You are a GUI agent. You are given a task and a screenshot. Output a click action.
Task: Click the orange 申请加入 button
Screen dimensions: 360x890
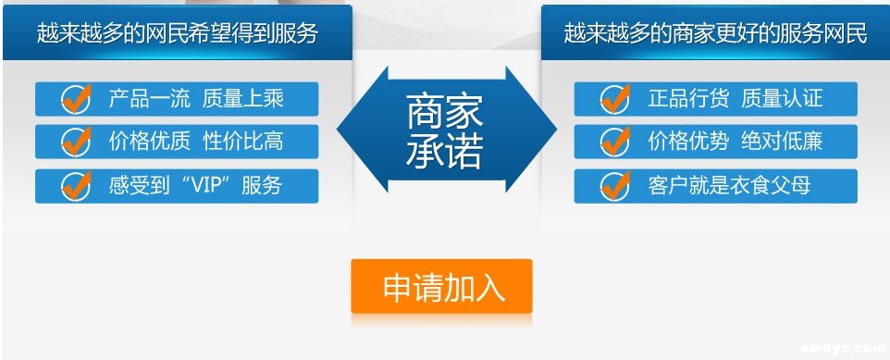(441, 287)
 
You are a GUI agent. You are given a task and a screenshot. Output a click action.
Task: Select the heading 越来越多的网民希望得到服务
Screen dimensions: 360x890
(177, 34)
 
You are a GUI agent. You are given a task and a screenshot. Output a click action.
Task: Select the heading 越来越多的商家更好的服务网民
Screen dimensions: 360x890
(715, 34)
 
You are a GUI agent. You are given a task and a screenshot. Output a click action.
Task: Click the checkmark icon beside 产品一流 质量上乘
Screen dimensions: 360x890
(75, 98)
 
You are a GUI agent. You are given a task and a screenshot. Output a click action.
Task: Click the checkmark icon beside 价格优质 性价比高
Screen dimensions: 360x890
(75, 142)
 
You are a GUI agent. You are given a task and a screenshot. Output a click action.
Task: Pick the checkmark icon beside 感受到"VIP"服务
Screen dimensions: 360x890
(75, 185)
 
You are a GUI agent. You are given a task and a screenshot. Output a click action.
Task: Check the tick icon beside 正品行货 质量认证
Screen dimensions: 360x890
(614, 98)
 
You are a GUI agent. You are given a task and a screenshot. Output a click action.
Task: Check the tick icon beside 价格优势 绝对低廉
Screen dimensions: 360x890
(614, 142)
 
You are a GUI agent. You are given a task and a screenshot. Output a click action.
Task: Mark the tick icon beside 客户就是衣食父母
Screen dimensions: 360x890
(614, 185)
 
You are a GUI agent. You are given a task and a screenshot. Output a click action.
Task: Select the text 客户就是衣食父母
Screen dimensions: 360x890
(729, 185)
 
